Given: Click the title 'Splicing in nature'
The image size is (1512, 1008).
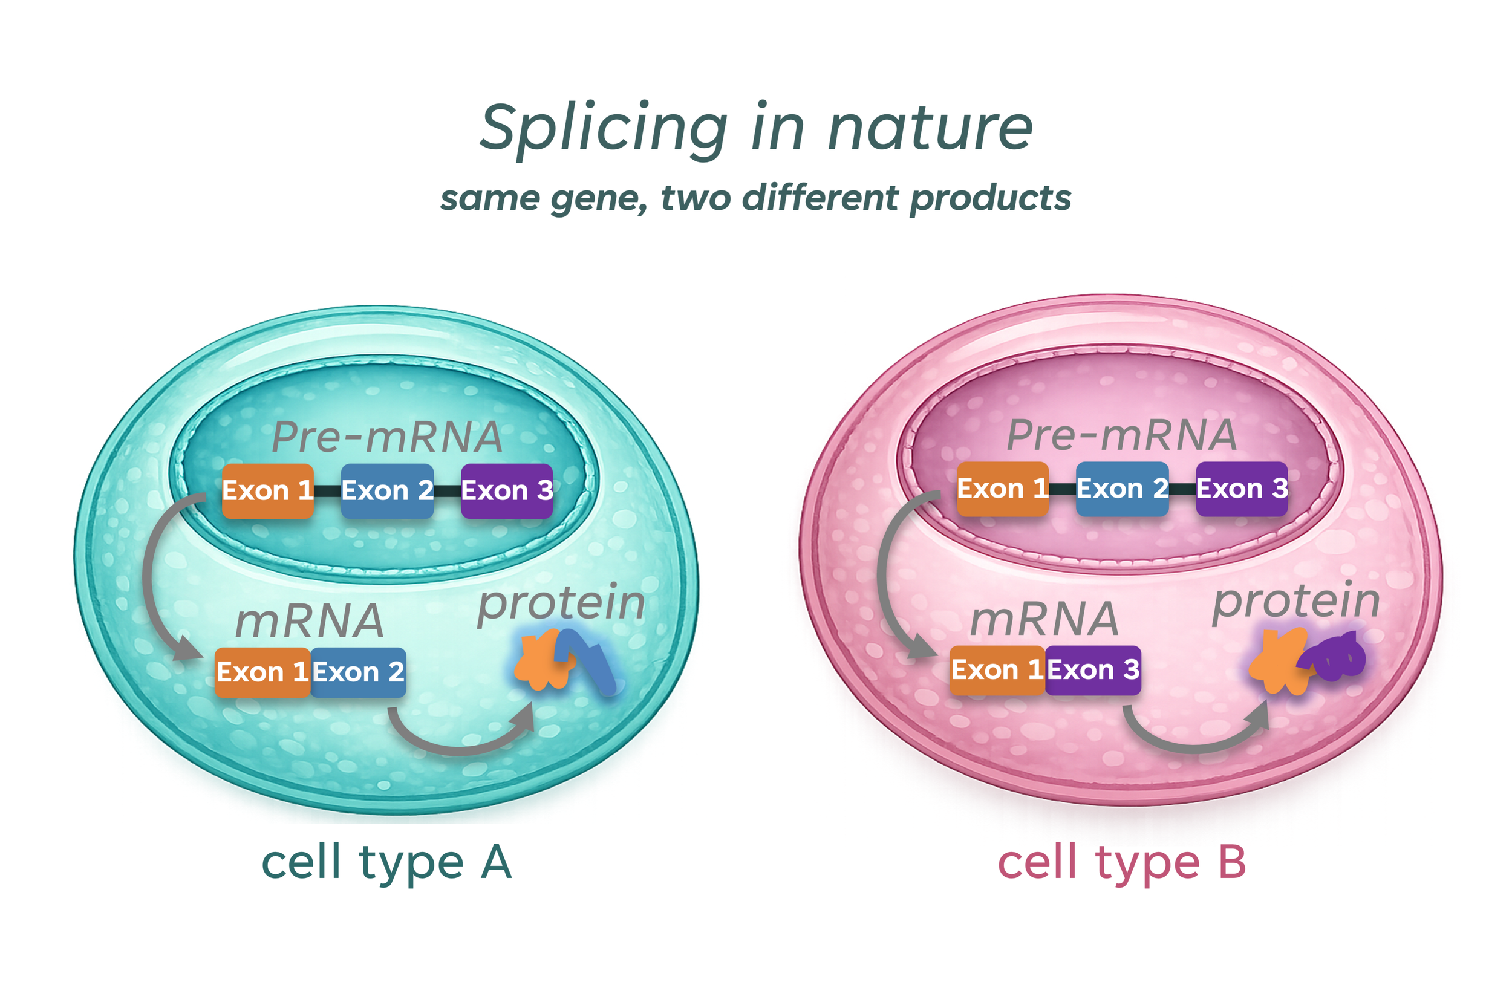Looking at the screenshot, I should tap(756, 129).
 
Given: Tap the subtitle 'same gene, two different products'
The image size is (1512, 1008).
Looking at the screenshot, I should tap(756, 198).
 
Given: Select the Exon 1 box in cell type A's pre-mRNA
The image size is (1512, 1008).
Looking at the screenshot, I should tap(267, 491).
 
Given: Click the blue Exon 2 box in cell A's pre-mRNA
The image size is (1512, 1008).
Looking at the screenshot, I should tap(387, 491).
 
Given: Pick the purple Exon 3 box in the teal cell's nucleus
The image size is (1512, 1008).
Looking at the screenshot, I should tap(507, 491).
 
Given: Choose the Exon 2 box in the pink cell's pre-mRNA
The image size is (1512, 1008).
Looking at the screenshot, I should tap(1122, 489).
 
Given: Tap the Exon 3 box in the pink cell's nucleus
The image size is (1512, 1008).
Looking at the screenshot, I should tap(1242, 489).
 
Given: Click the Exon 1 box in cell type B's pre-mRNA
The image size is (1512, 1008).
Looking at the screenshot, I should tap(1002, 489).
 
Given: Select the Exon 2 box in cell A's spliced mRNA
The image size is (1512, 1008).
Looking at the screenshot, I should tap(358, 672).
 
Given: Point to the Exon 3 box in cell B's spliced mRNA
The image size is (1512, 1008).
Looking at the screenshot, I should tap(1093, 671).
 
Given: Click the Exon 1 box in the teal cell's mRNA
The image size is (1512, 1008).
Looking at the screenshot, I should tap(262, 672).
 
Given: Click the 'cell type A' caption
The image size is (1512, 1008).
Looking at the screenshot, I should tap(386, 862).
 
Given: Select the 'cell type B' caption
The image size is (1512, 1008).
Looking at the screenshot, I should tap(1122, 862).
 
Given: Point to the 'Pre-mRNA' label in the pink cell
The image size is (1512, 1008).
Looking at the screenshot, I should tap(1122, 435).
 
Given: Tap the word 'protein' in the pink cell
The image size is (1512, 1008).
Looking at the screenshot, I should tap(1296, 601).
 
